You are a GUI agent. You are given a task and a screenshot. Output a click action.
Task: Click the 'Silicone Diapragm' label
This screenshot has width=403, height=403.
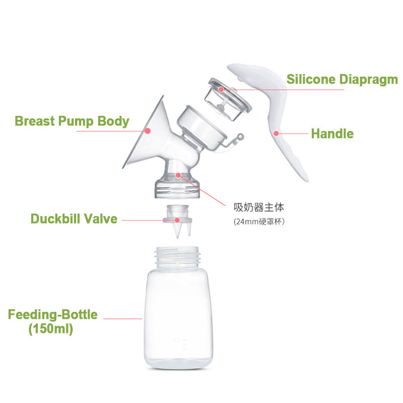[x=342, y=80]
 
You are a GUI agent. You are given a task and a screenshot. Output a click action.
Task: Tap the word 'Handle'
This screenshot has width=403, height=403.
[x=332, y=133]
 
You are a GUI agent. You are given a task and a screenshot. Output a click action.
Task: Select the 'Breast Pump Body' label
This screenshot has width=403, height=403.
[x=72, y=121]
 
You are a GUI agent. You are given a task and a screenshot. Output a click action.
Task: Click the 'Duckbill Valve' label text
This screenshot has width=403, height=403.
[x=74, y=219]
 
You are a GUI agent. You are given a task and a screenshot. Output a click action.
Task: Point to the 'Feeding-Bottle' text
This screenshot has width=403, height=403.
[x=53, y=314]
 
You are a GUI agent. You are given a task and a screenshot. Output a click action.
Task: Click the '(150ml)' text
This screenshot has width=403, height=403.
[x=51, y=329]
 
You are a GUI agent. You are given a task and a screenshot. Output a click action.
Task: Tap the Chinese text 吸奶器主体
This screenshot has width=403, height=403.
[x=259, y=208]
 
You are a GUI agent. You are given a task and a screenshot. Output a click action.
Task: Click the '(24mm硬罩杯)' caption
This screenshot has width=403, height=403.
[x=259, y=222]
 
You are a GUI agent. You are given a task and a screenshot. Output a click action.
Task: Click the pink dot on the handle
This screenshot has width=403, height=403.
[x=276, y=133]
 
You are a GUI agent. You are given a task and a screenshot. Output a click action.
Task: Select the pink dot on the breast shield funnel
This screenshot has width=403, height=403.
[x=148, y=131]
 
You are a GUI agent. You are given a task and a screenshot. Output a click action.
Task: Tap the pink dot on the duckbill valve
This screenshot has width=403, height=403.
[x=177, y=220]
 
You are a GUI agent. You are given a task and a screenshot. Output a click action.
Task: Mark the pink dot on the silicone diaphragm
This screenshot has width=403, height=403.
[x=221, y=90]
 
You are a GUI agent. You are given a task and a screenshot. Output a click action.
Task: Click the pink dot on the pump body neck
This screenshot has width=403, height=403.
[x=178, y=175]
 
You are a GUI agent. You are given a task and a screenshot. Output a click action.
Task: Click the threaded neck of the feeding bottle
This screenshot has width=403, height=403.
[x=177, y=255]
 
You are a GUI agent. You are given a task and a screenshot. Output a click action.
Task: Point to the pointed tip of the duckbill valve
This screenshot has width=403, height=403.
[x=177, y=237]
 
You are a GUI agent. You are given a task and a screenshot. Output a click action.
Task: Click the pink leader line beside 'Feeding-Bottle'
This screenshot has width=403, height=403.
[x=122, y=319]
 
